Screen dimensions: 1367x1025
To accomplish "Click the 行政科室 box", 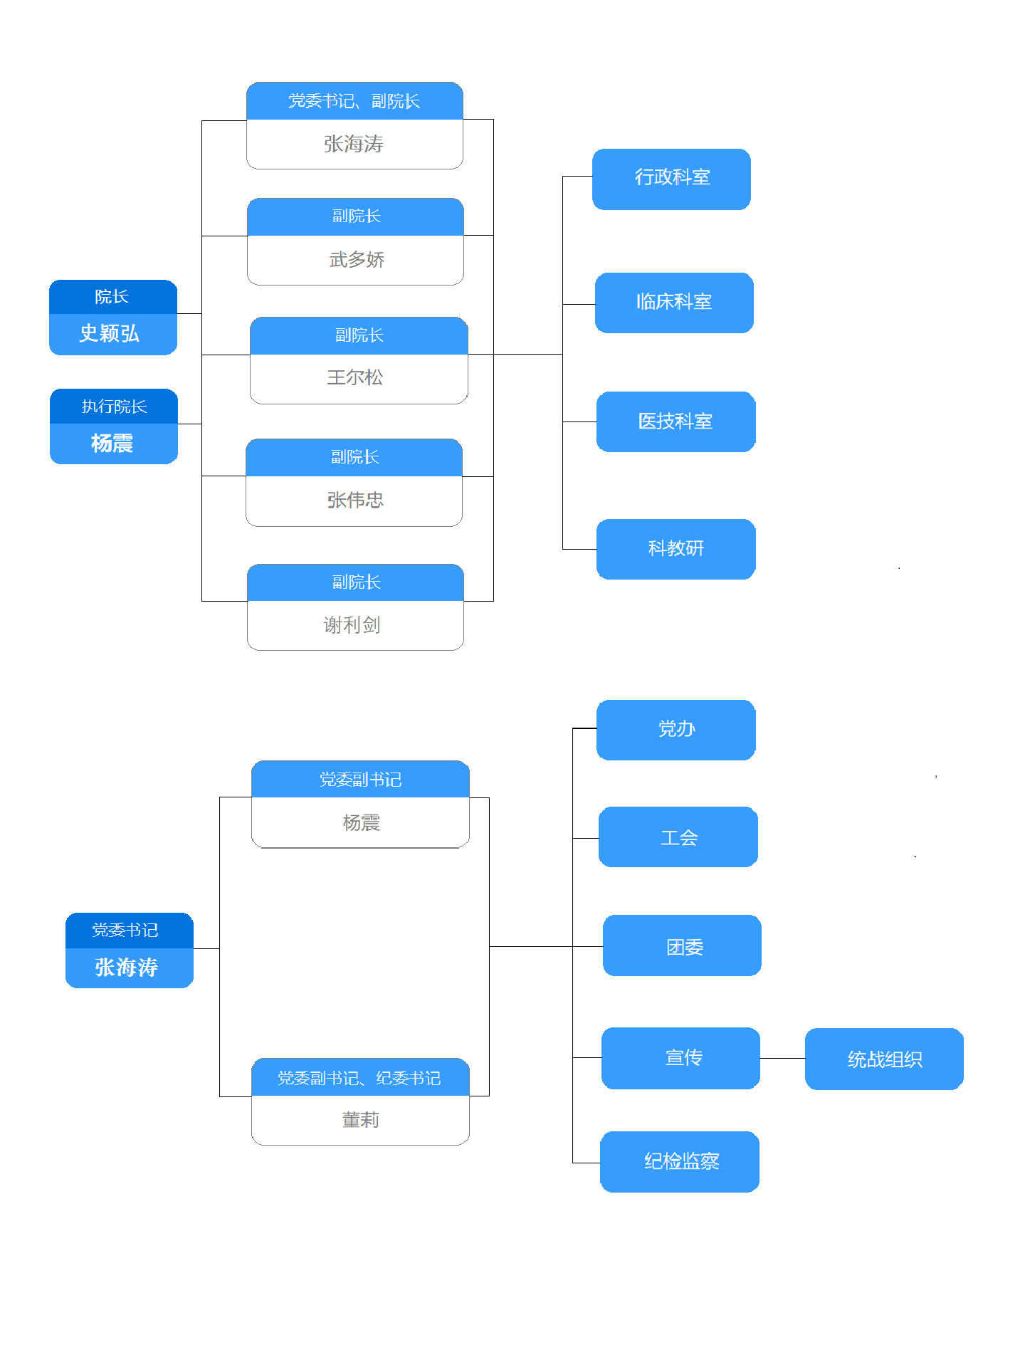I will pyautogui.click(x=671, y=179).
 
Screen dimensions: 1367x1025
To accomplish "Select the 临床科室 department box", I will pyautogui.click(x=674, y=303).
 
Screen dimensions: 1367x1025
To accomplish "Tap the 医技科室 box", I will pyautogui.click(x=676, y=421).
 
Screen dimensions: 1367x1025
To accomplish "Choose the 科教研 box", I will pyautogui.click(x=676, y=549).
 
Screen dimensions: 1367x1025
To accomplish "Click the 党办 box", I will pyautogui.click(x=676, y=730).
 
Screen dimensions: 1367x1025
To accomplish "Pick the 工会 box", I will pyautogui.click(x=678, y=837).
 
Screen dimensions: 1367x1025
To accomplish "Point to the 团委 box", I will pyautogui.click(x=682, y=946).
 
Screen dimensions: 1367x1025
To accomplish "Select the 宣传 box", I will pyautogui.click(x=680, y=1058).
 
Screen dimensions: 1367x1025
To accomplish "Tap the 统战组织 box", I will pyautogui.click(x=884, y=1059).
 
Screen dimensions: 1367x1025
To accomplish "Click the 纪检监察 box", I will pyautogui.click(x=680, y=1161).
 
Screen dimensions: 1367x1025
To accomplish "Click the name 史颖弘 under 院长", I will pyautogui.click(x=110, y=333).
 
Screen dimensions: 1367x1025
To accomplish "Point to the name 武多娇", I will pyautogui.click(x=356, y=260).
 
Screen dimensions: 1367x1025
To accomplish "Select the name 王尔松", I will pyautogui.click(x=355, y=377).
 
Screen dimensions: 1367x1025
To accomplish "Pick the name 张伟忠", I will pyautogui.click(x=355, y=501).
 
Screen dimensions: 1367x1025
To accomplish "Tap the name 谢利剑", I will pyautogui.click(x=352, y=625).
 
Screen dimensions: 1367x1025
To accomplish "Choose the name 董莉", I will pyautogui.click(x=360, y=1120).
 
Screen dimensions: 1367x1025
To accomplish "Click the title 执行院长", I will pyautogui.click(x=114, y=407).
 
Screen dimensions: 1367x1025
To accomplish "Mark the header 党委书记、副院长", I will pyautogui.click(x=354, y=101).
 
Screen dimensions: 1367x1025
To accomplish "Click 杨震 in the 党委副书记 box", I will pyautogui.click(x=361, y=823).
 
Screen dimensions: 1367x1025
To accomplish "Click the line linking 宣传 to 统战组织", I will pyautogui.click(x=782, y=1059).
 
